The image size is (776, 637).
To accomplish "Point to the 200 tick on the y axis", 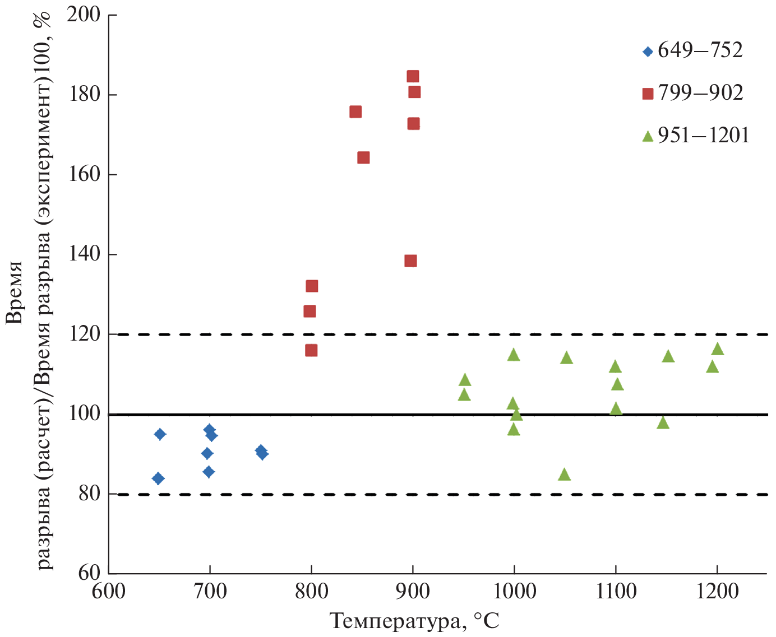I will click(x=84, y=15).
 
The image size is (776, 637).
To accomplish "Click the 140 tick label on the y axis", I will click(x=84, y=254).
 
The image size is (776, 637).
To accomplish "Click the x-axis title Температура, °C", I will click(x=414, y=621).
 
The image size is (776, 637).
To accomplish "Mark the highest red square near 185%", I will click(x=413, y=77).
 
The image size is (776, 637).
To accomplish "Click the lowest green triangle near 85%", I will click(x=564, y=475).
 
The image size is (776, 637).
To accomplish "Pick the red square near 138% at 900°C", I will click(x=410, y=261).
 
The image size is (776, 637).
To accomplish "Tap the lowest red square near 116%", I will click(x=311, y=350).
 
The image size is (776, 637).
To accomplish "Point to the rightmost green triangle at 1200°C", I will click(x=717, y=349).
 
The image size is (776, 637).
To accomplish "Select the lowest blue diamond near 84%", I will click(x=158, y=478).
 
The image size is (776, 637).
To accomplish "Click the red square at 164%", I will click(x=363, y=157).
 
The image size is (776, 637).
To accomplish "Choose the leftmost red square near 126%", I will click(x=310, y=311).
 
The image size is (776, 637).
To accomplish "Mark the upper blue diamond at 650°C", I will click(x=160, y=434).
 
